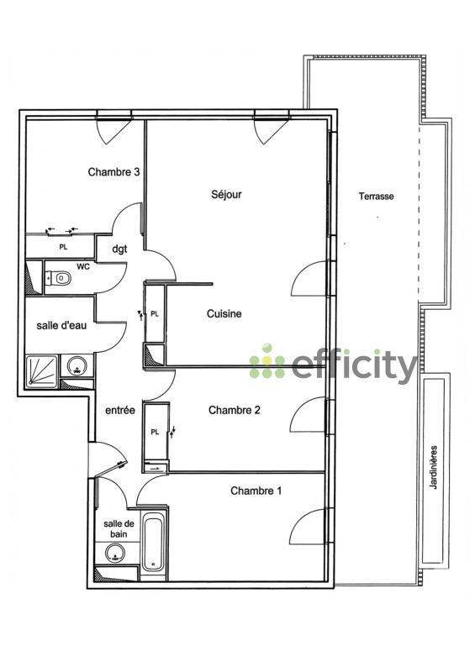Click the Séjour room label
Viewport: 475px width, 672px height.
pos(226,194)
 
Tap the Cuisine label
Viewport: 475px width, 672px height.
pos(224,314)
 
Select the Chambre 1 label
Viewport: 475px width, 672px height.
pos(256,491)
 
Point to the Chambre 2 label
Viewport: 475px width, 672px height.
pos(234,410)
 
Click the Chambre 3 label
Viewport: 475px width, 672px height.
pos(113,172)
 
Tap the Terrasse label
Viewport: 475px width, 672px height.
pos(376,197)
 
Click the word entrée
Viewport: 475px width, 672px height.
pos(120,411)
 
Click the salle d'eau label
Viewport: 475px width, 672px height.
pos(58,325)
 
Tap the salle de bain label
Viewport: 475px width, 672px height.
pos(116,528)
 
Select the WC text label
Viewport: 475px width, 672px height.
pos(83,266)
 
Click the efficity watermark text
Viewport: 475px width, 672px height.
pos(353,365)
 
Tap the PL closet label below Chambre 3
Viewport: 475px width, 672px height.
pos(62,247)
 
